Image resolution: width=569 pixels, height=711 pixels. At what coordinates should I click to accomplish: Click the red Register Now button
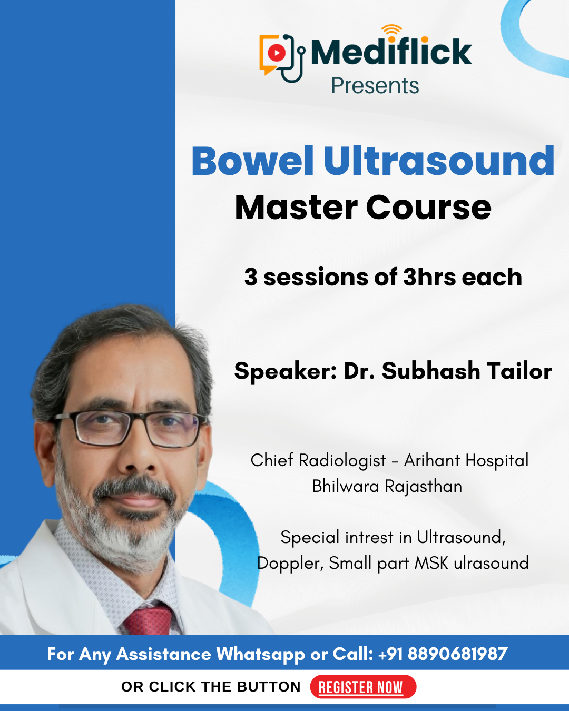pyautogui.click(x=363, y=687)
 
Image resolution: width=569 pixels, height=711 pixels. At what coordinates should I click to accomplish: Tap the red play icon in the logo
pyautogui.click(x=277, y=53)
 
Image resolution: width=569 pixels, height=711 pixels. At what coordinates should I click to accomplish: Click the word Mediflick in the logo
pyautogui.click(x=391, y=51)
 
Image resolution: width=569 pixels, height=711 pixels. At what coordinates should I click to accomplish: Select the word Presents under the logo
pyautogui.click(x=375, y=86)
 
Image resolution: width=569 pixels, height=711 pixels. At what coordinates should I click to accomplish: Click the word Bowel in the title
pyautogui.click(x=252, y=161)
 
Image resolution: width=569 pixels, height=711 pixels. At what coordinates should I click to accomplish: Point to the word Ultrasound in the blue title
pyautogui.click(x=439, y=161)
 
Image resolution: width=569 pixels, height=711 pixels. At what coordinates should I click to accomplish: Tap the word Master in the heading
pyautogui.click(x=296, y=208)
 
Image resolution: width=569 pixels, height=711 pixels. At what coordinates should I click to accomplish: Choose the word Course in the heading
pyautogui.click(x=428, y=208)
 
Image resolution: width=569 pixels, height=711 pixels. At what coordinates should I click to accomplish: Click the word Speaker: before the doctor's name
pyautogui.click(x=286, y=371)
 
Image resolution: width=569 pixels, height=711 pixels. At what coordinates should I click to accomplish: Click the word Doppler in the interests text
pyautogui.click(x=291, y=563)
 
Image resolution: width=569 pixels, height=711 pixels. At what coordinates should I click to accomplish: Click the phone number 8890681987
pyautogui.click(x=458, y=654)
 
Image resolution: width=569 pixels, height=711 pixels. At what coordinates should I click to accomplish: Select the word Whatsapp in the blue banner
pyautogui.click(x=261, y=654)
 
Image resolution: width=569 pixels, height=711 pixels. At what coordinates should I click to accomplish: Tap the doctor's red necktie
pyautogui.click(x=148, y=619)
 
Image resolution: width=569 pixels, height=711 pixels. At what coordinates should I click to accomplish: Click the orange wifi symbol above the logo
pyautogui.click(x=391, y=32)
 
